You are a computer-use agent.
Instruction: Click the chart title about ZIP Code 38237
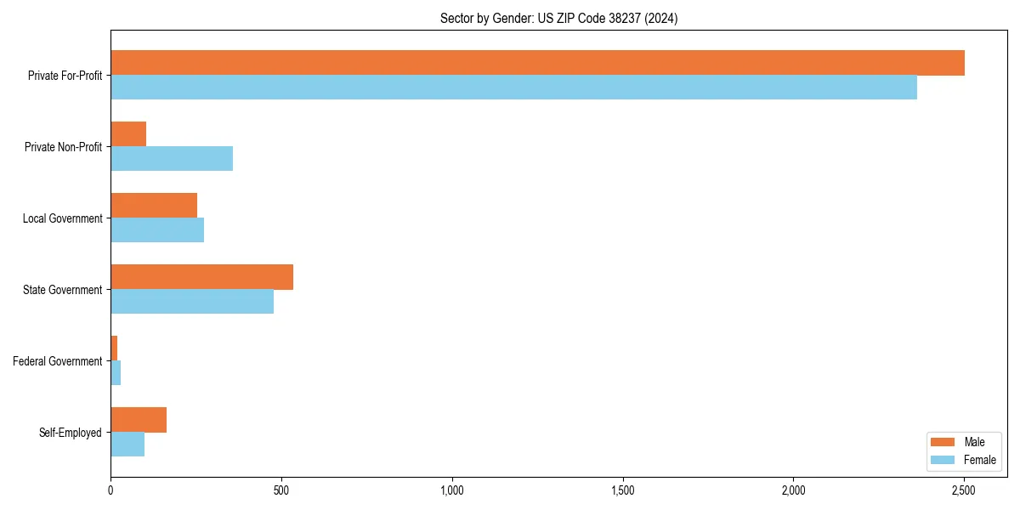(558, 18)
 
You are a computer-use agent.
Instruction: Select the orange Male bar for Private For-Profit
(537, 63)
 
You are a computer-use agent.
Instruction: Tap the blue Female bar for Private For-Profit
(513, 88)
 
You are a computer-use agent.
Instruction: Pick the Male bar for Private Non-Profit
(128, 134)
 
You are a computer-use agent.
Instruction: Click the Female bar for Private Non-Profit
(172, 159)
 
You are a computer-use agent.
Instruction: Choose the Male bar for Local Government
(154, 206)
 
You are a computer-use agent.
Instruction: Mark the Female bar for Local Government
(157, 230)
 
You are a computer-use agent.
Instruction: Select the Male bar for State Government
(201, 277)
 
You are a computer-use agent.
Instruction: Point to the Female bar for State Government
(192, 302)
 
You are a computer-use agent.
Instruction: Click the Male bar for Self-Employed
(139, 420)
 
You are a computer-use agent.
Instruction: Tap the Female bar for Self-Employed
(127, 445)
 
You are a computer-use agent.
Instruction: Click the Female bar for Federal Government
(116, 373)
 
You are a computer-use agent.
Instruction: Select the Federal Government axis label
(58, 361)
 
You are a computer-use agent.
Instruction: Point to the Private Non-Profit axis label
(63, 147)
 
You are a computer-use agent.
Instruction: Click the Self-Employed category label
(71, 433)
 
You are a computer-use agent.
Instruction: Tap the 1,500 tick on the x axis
(622, 490)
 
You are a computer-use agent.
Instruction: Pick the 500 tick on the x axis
(281, 490)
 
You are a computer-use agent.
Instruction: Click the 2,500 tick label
(963, 490)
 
